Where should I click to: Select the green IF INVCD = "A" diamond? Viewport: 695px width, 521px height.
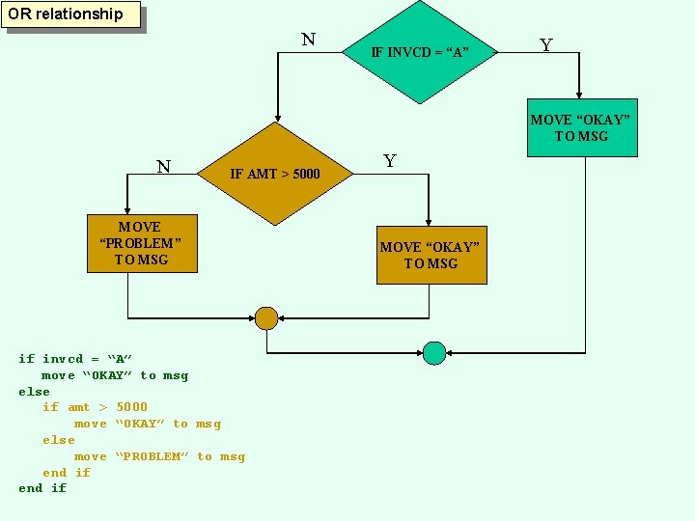tap(420, 51)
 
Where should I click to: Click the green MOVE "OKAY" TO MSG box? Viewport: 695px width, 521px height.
tap(581, 127)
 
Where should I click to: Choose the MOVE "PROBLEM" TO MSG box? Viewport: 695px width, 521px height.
tap(141, 243)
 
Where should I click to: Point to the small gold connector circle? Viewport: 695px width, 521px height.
tap(266, 318)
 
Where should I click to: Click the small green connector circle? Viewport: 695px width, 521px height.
tap(434, 353)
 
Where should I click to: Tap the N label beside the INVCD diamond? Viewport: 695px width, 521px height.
tap(308, 40)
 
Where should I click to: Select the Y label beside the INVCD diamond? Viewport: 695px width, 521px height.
tap(546, 45)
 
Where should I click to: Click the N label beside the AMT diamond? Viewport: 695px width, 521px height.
tap(164, 167)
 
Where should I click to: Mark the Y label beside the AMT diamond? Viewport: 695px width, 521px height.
tap(390, 161)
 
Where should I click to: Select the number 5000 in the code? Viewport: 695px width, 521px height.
tap(131, 407)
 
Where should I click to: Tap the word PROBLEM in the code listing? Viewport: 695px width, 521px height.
tap(152, 456)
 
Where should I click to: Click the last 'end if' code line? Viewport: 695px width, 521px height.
tap(42, 488)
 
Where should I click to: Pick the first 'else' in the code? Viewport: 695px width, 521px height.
tap(34, 391)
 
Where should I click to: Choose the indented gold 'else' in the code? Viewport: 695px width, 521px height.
tap(58, 440)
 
